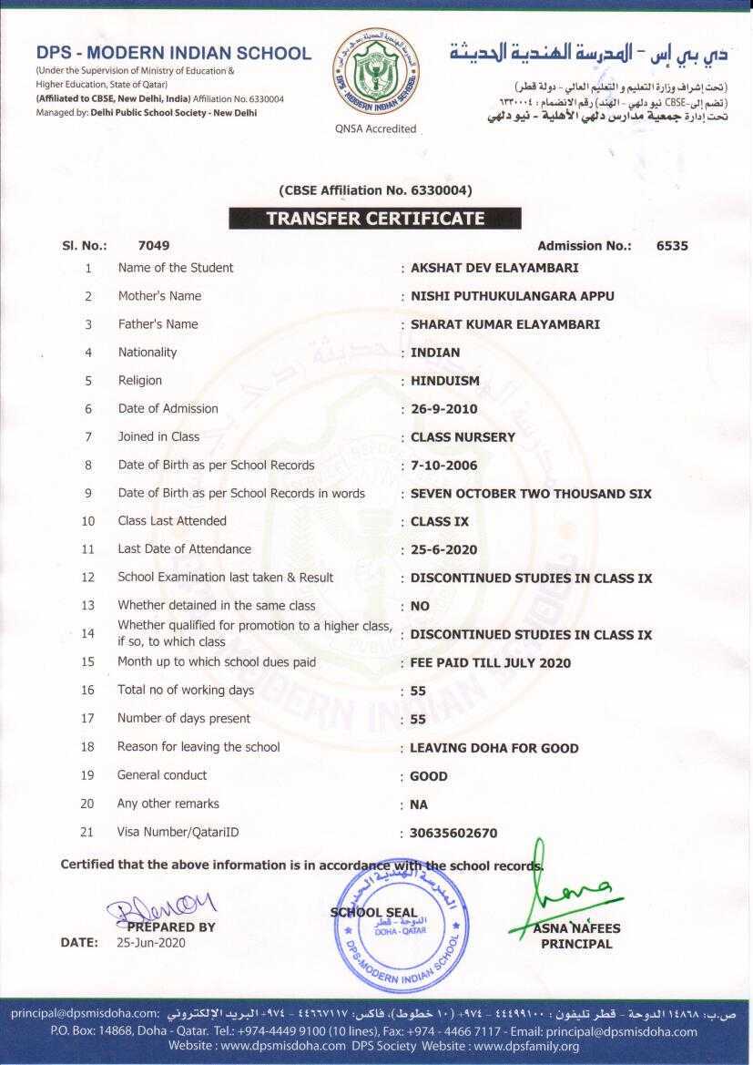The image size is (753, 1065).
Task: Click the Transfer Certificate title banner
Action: (x=374, y=219)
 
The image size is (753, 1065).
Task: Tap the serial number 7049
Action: (x=154, y=245)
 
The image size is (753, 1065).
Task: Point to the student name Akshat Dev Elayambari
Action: (x=494, y=268)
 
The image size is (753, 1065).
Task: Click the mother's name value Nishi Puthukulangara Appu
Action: (x=512, y=296)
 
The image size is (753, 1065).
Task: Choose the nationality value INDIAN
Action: (x=435, y=353)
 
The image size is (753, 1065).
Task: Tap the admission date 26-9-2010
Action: (x=443, y=409)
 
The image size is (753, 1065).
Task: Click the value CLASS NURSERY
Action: (x=463, y=437)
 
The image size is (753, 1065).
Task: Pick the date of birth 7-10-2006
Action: (x=443, y=466)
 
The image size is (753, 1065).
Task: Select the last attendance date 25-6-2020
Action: (x=443, y=550)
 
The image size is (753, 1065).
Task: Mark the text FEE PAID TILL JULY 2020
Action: (x=491, y=663)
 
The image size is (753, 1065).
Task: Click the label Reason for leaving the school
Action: (x=198, y=747)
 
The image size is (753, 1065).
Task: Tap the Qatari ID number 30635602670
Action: (x=453, y=833)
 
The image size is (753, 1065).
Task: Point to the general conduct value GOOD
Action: (x=429, y=776)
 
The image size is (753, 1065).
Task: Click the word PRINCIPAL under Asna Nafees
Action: (x=576, y=944)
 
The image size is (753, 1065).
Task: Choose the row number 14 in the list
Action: (x=88, y=633)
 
